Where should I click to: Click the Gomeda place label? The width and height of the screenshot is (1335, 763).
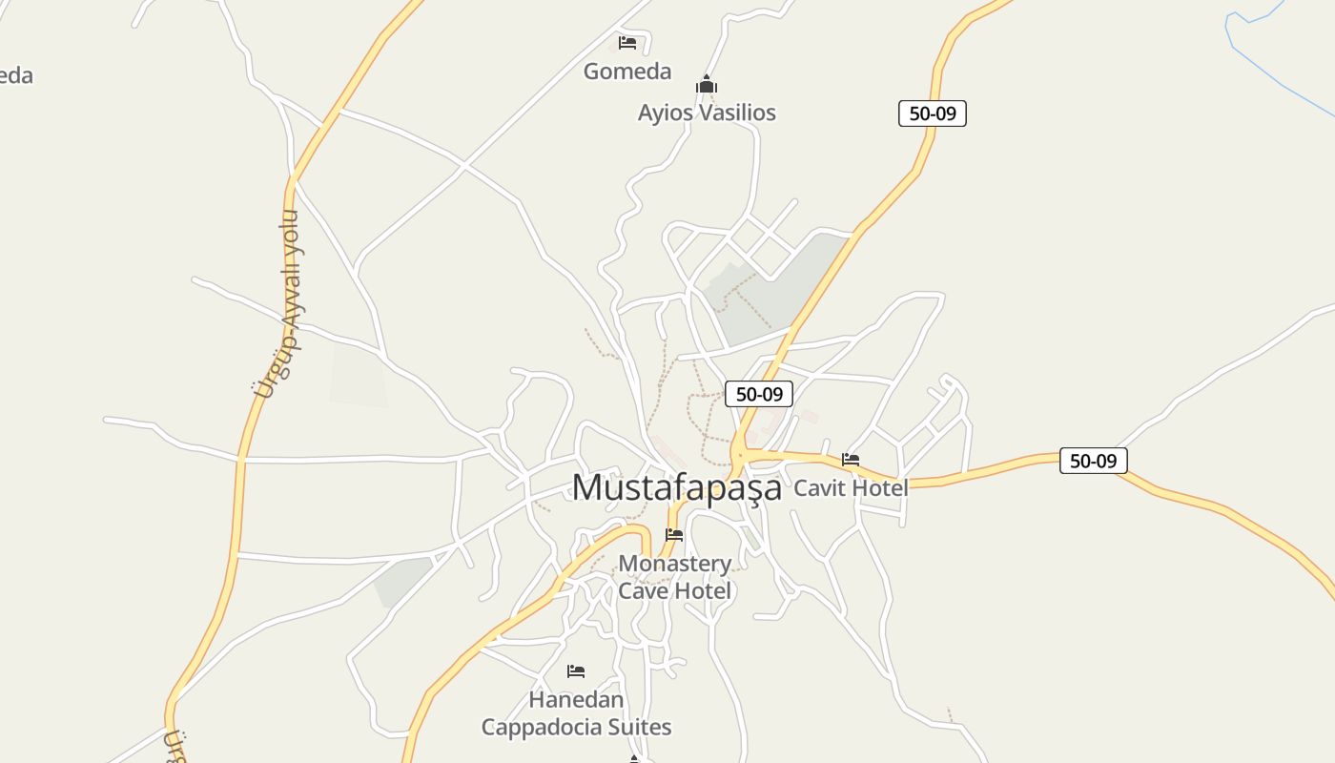click(x=627, y=72)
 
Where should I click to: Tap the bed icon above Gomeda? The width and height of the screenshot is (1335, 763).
click(x=627, y=43)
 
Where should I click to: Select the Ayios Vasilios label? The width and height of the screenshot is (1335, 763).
click(x=707, y=113)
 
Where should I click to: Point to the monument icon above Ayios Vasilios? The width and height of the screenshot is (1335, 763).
click(x=706, y=86)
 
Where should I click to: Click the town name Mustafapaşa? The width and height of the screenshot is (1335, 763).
click(x=676, y=487)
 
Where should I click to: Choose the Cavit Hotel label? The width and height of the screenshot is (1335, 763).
click(x=851, y=487)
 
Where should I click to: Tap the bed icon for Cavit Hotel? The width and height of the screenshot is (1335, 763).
click(x=851, y=460)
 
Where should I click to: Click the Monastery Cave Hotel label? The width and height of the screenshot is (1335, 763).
click(x=675, y=577)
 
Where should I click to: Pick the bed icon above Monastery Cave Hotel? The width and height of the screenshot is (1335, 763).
click(x=674, y=535)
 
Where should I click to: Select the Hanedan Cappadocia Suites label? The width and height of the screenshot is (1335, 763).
click(x=576, y=713)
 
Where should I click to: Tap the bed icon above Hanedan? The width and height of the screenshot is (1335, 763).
click(x=576, y=671)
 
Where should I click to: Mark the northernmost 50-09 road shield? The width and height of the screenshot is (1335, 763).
click(x=933, y=113)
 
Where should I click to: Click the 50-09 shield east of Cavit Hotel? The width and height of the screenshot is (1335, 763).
click(x=1093, y=461)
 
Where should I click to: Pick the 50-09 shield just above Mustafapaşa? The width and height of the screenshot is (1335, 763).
click(x=759, y=394)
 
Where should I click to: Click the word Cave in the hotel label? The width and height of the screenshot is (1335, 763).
click(x=644, y=591)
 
